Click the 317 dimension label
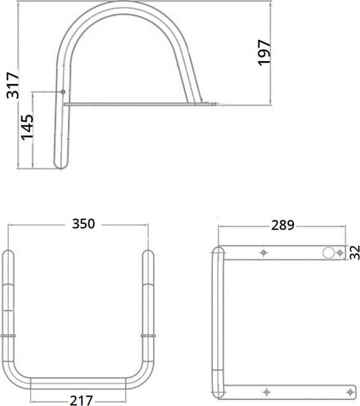click(x=12, y=85)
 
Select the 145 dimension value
click(x=27, y=128)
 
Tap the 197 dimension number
click(x=265, y=53)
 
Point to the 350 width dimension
click(x=84, y=224)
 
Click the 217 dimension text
click(x=81, y=400)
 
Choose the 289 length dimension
click(x=283, y=225)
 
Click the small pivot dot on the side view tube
click(x=63, y=91)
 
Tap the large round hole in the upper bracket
click(x=329, y=252)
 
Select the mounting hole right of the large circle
click(x=340, y=252)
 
